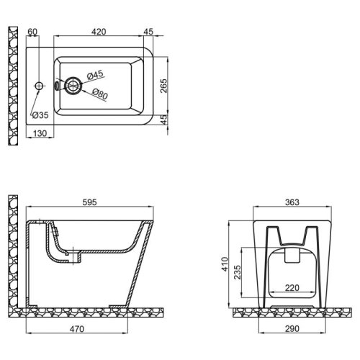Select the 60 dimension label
[32, 32]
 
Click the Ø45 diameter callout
[96, 74]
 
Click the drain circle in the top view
[73, 85]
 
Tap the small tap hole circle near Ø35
[37, 86]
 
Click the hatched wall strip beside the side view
[11, 252]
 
